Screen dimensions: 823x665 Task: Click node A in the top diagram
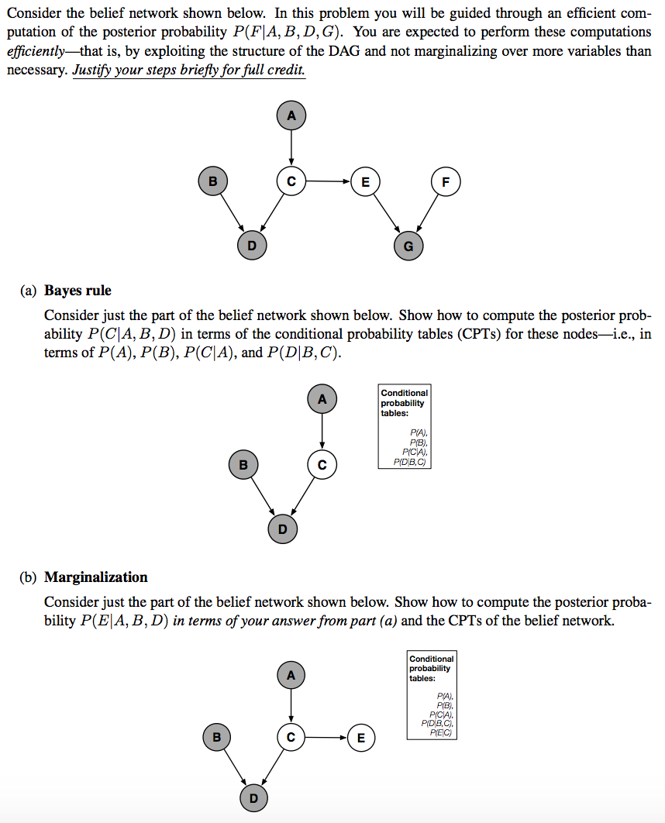coord(291,115)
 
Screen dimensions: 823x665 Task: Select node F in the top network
coord(445,182)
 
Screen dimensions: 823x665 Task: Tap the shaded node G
coord(408,246)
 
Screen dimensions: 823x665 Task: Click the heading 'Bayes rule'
coord(78,291)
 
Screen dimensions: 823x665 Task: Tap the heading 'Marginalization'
coord(95,577)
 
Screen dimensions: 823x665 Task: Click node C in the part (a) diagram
coord(322,465)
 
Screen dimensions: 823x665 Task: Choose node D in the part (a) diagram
coord(282,529)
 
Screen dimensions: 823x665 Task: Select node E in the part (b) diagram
coord(360,737)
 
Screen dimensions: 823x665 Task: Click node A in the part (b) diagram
coord(291,675)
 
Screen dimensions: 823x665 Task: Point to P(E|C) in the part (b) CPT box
coord(440,732)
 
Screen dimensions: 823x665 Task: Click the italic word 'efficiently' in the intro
coord(34,52)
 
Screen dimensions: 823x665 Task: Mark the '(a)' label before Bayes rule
coord(29,291)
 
